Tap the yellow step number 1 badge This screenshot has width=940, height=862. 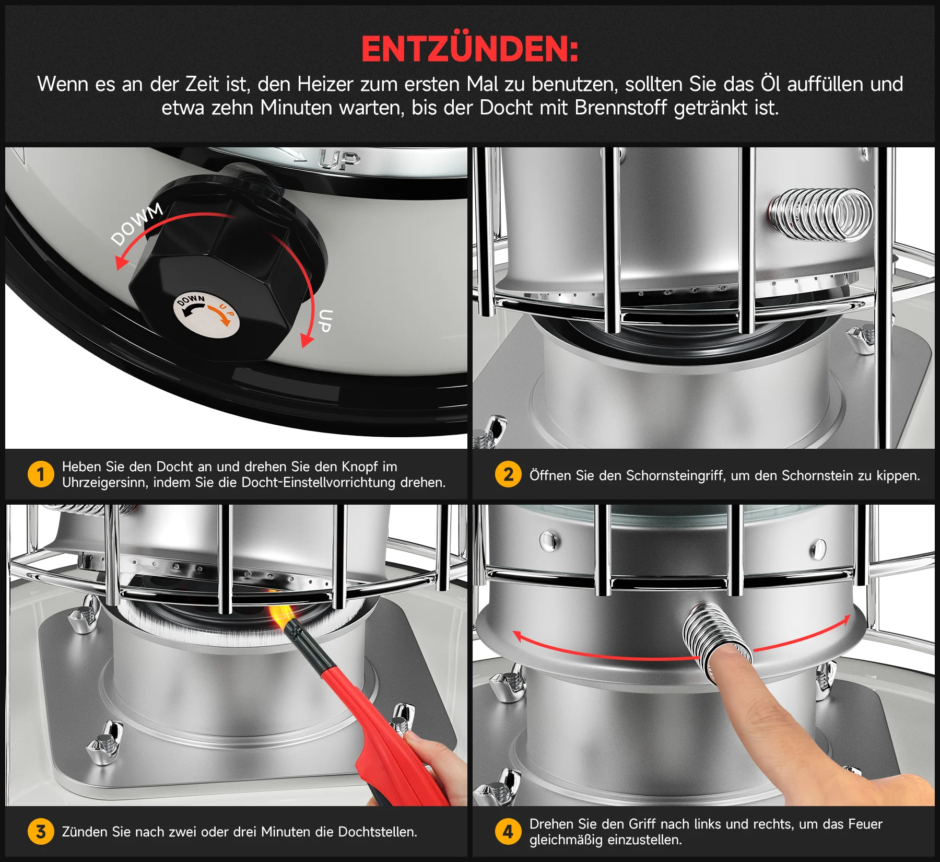[x=41, y=474]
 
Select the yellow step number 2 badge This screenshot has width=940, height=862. [x=508, y=474]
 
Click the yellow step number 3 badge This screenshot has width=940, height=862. [x=41, y=832]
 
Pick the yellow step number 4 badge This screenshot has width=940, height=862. [x=508, y=832]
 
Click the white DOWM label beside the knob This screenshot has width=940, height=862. [x=137, y=224]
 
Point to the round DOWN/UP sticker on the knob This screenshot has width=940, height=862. [x=206, y=315]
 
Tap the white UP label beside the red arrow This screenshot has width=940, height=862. [x=325, y=321]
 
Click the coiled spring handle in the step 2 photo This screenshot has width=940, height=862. [x=820, y=215]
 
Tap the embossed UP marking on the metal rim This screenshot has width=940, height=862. [x=339, y=160]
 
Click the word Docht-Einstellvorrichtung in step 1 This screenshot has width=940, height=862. [x=318, y=482]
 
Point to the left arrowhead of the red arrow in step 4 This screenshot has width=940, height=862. [x=519, y=636]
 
